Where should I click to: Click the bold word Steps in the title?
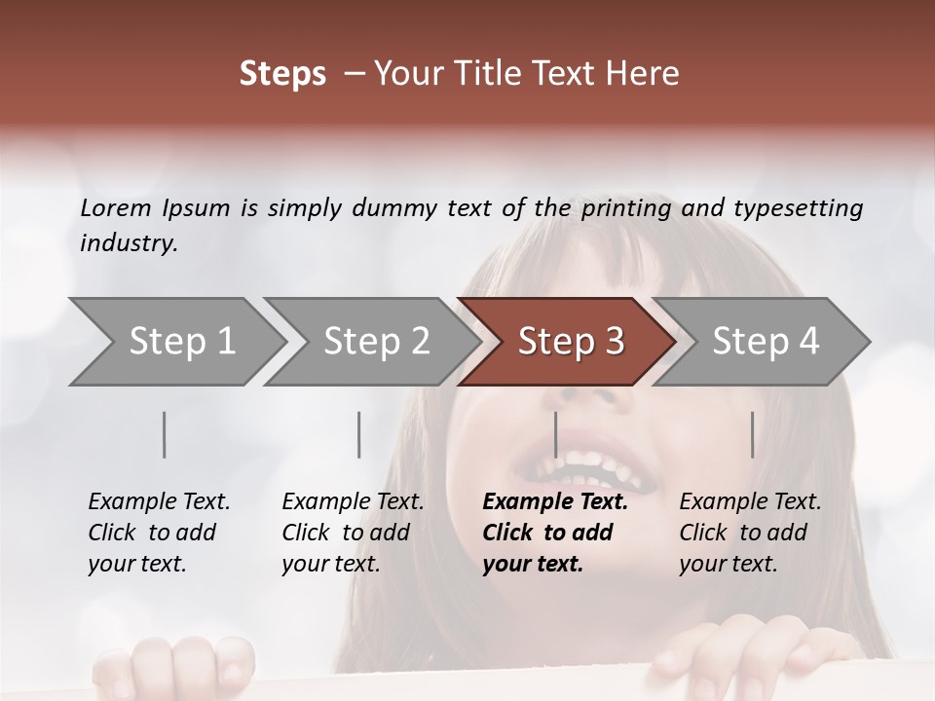point(282,74)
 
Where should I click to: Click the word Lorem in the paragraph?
point(116,208)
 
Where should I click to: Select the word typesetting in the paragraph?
point(798,208)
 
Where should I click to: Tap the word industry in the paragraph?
point(129,243)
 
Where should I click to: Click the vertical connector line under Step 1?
point(165,434)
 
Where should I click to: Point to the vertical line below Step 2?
point(359,434)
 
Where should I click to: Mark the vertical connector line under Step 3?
point(555,434)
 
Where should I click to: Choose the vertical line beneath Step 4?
point(752,434)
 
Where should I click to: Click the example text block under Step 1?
point(159,533)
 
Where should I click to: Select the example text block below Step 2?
point(353,533)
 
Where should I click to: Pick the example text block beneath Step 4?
point(750,533)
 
